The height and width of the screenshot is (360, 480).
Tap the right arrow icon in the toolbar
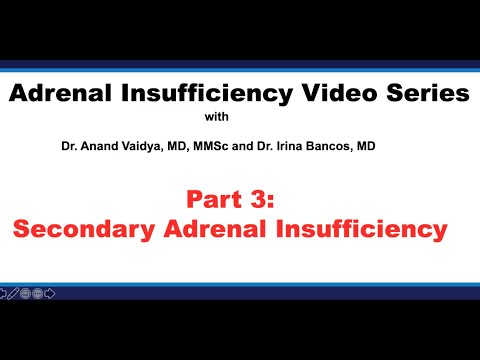[50, 294]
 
